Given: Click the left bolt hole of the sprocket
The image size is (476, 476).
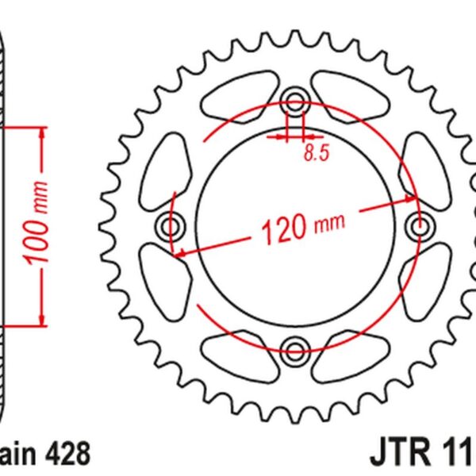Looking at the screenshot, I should (x=171, y=228).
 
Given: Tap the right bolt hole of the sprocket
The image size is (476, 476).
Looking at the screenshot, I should (x=419, y=228).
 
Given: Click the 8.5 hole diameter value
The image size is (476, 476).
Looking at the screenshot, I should (x=316, y=154).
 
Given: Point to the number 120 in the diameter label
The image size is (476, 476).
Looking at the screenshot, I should (x=282, y=229).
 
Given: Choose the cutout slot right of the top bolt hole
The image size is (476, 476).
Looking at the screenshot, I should (x=349, y=96).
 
